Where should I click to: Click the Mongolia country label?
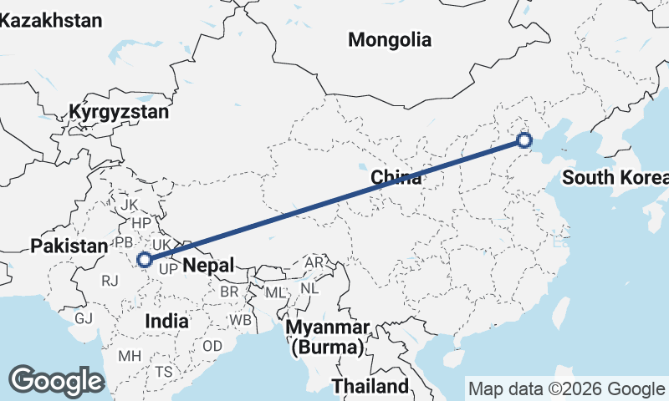pyautogui.click(x=390, y=39)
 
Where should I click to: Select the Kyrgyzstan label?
pyautogui.click(x=120, y=111)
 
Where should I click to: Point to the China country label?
pyautogui.click(x=396, y=177)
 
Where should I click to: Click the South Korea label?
pyautogui.click(x=615, y=177)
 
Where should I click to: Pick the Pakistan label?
pyautogui.click(x=69, y=246)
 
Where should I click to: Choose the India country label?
pyautogui.click(x=166, y=321)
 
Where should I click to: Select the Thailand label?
pyautogui.click(x=370, y=386)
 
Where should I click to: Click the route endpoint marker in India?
pyautogui.click(x=145, y=260)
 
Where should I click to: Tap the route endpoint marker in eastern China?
pyautogui.click(x=524, y=140)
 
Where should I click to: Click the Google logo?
pyautogui.click(x=56, y=380)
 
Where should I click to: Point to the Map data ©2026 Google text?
pyautogui.click(x=566, y=388)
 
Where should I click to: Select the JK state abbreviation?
pyautogui.click(x=129, y=205)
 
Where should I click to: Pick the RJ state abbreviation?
pyautogui.click(x=109, y=282)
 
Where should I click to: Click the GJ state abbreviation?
pyautogui.click(x=84, y=318)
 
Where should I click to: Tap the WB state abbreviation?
pyautogui.click(x=242, y=320)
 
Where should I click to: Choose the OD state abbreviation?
pyautogui.click(x=212, y=346)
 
